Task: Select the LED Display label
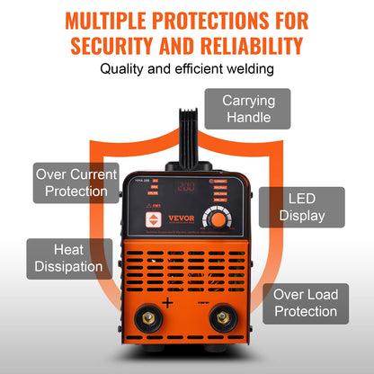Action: pyautogui.click(x=302, y=207)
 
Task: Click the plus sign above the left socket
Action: pyautogui.click(x=166, y=304)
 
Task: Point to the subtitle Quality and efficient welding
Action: pyautogui.click(x=186, y=68)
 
